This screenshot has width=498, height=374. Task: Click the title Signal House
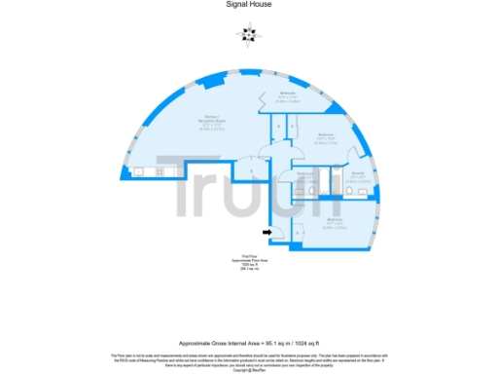tap(248, 5)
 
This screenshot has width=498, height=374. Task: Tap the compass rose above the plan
tap(248, 34)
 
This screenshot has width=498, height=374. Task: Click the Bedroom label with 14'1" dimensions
tap(288, 95)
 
